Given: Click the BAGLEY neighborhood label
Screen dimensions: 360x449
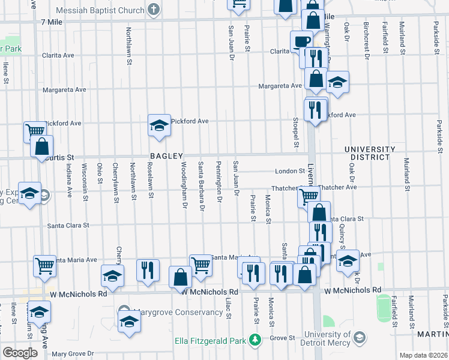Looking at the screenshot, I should (x=166, y=156).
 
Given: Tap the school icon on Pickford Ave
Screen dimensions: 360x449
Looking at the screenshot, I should (x=159, y=125).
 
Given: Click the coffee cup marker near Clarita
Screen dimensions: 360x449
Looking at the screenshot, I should (x=301, y=41).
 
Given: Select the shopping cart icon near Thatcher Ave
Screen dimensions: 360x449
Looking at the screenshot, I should (x=309, y=195).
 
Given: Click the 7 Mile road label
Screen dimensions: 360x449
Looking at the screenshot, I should (x=52, y=22).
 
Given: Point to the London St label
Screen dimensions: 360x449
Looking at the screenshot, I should (x=290, y=171).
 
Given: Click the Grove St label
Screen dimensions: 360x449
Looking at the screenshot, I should (x=281, y=338).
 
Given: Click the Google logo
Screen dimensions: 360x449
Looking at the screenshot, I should (x=20, y=353).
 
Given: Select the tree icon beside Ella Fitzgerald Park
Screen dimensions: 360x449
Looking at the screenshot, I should (x=256, y=340).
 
